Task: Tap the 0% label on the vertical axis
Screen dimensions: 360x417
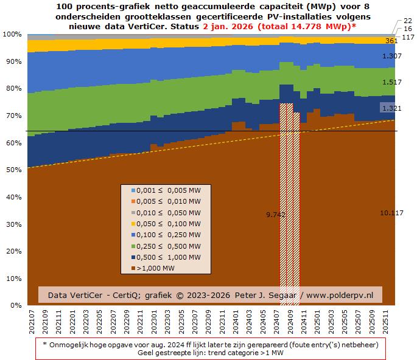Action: [x=15, y=305]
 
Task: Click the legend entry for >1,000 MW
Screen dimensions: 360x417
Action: [x=155, y=268]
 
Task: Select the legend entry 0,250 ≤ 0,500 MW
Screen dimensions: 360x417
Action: [x=164, y=246]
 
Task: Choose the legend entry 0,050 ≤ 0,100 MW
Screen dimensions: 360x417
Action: [x=164, y=224]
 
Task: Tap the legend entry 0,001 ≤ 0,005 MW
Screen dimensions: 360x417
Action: [x=164, y=190]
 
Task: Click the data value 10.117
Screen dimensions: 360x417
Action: [x=391, y=213]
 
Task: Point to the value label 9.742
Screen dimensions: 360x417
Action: [x=276, y=215]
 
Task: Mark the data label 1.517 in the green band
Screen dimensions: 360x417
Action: [x=391, y=82]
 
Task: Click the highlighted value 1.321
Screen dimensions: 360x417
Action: [x=391, y=108]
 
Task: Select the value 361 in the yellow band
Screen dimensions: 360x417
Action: [x=391, y=41]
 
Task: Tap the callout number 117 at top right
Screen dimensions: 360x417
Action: [x=408, y=37]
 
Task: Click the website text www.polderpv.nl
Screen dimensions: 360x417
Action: [x=340, y=295]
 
